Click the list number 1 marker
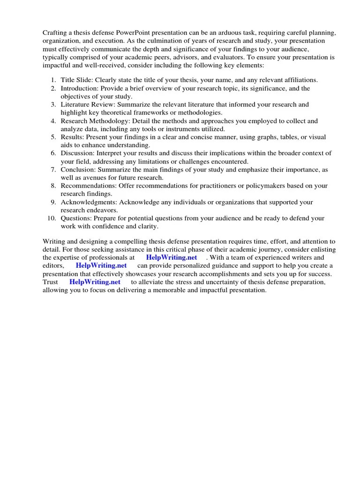53,80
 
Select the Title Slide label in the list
76,80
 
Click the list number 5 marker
53,137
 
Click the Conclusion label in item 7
79,170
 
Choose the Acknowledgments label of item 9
88,202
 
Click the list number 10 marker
51,218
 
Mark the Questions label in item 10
76,218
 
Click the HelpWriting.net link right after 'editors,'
101,266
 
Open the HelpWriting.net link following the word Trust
95,282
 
